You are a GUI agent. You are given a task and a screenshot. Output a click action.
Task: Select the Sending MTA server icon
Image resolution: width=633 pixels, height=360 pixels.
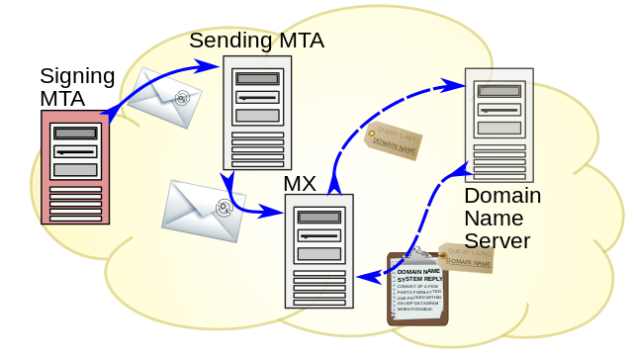pyautogui.click(x=257, y=113)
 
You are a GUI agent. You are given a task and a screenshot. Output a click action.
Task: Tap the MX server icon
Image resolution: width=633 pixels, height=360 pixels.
pyautogui.click(x=318, y=252)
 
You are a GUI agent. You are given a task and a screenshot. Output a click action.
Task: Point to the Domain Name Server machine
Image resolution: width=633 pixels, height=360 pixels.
pyautogui.click(x=498, y=125)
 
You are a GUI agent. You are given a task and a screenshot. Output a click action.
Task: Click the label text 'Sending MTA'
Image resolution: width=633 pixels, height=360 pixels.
pyautogui.click(x=256, y=41)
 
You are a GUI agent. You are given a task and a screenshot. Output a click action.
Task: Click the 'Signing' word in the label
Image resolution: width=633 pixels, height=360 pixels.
pyautogui.click(x=77, y=76)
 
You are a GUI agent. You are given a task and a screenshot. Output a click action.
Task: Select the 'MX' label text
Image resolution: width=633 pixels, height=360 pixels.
pyautogui.click(x=300, y=184)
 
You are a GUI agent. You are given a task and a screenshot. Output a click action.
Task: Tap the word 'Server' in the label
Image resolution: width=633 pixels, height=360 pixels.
pyautogui.click(x=497, y=240)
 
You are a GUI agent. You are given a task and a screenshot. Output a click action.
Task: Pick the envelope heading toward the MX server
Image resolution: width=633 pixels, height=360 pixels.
pyautogui.click(x=203, y=211)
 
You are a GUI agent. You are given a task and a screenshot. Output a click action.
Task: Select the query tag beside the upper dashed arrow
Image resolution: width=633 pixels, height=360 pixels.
pyautogui.click(x=394, y=140)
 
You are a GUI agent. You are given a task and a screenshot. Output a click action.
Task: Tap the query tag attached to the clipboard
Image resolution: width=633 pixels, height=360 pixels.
pyautogui.click(x=467, y=258)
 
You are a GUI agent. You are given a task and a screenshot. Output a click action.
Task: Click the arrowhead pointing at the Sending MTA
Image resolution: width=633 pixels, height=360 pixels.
pyautogui.click(x=211, y=65)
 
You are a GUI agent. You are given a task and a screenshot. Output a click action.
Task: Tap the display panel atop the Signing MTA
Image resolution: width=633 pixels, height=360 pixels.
pyautogui.click(x=75, y=133)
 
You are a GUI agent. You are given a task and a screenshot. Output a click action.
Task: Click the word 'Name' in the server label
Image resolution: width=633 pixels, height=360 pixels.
pyautogui.click(x=490, y=218)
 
